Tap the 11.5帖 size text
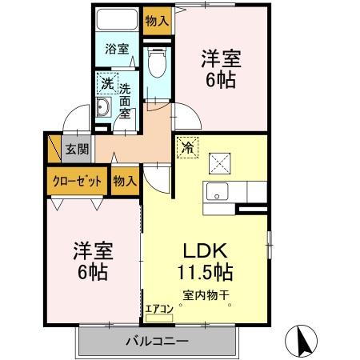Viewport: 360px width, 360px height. tap(206, 271)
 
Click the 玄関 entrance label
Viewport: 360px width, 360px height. tap(77, 149)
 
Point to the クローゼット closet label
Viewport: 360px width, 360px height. tap(78, 181)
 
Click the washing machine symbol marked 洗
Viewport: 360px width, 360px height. tap(106, 82)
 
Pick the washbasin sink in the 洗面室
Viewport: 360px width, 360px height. tap(103, 109)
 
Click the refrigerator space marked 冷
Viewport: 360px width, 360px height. tap(186, 146)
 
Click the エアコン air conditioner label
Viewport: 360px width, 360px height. tap(159, 307)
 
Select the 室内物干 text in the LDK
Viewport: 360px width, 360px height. tap(206, 294)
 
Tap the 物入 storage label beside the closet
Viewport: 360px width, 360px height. tap(124, 181)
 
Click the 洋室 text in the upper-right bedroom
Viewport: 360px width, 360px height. tap(221, 58)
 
